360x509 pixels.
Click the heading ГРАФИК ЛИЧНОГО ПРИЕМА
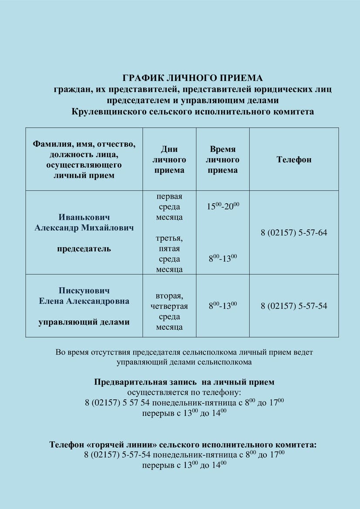(x=193, y=78)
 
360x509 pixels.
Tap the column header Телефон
(x=294, y=160)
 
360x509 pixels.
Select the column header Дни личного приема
(x=169, y=160)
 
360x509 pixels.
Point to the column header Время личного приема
(x=222, y=160)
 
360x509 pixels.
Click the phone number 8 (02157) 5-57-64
(x=294, y=233)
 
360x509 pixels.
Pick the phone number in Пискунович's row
(x=294, y=306)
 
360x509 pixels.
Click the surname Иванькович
(x=84, y=217)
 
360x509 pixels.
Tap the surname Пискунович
(x=84, y=291)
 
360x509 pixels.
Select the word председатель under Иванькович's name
(x=84, y=249)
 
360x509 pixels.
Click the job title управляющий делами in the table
(x=84, y=322)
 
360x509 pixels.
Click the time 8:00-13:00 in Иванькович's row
(x=223, y=259)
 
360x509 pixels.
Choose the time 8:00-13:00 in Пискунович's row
(x=223, y=306)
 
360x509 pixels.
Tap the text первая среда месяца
(x=169, y=207)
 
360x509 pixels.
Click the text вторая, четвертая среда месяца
(x=169, y=311)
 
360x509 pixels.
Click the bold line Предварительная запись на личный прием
(x=184, y=382)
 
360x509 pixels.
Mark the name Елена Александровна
(x=84, y=301)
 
